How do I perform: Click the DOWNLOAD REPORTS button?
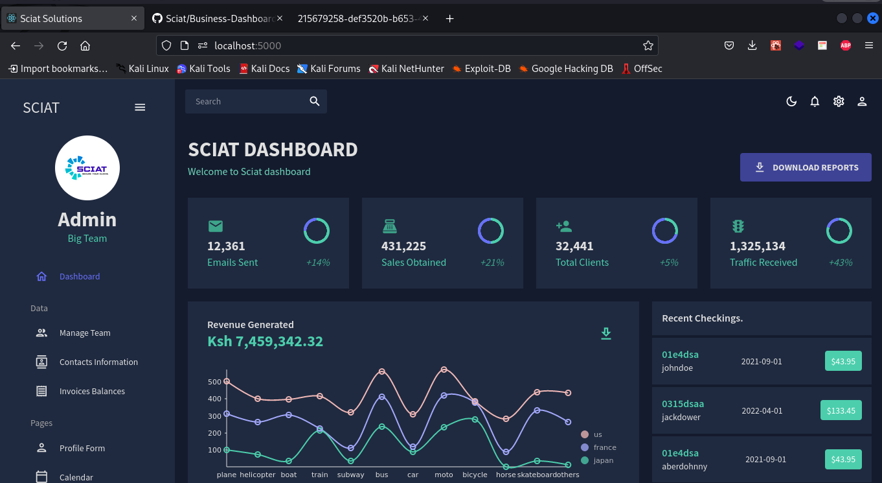pos(806,167)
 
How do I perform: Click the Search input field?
pos(246,102)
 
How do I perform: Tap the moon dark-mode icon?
pos(791,101)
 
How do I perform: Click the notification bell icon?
pos(815,101)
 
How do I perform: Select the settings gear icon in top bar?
pos(839,101)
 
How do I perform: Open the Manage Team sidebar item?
pos(84,333)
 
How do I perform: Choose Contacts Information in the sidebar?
pos(98,362)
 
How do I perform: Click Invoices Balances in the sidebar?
pos(92,391)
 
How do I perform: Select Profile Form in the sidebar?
pos(82,448)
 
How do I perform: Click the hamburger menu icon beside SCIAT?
pos(140,108)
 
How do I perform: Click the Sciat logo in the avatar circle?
pos(87,168)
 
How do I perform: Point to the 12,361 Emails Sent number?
pos(226,246)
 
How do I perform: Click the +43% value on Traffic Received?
pos(840,263)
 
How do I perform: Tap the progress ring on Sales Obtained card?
pos(491,231)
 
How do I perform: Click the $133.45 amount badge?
pos(842,410)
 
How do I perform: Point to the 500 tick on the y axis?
pos(214,382)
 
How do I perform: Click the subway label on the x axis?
pos(351,475)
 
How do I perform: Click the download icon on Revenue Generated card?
pos(605,333)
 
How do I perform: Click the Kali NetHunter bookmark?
pos(406,69)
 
